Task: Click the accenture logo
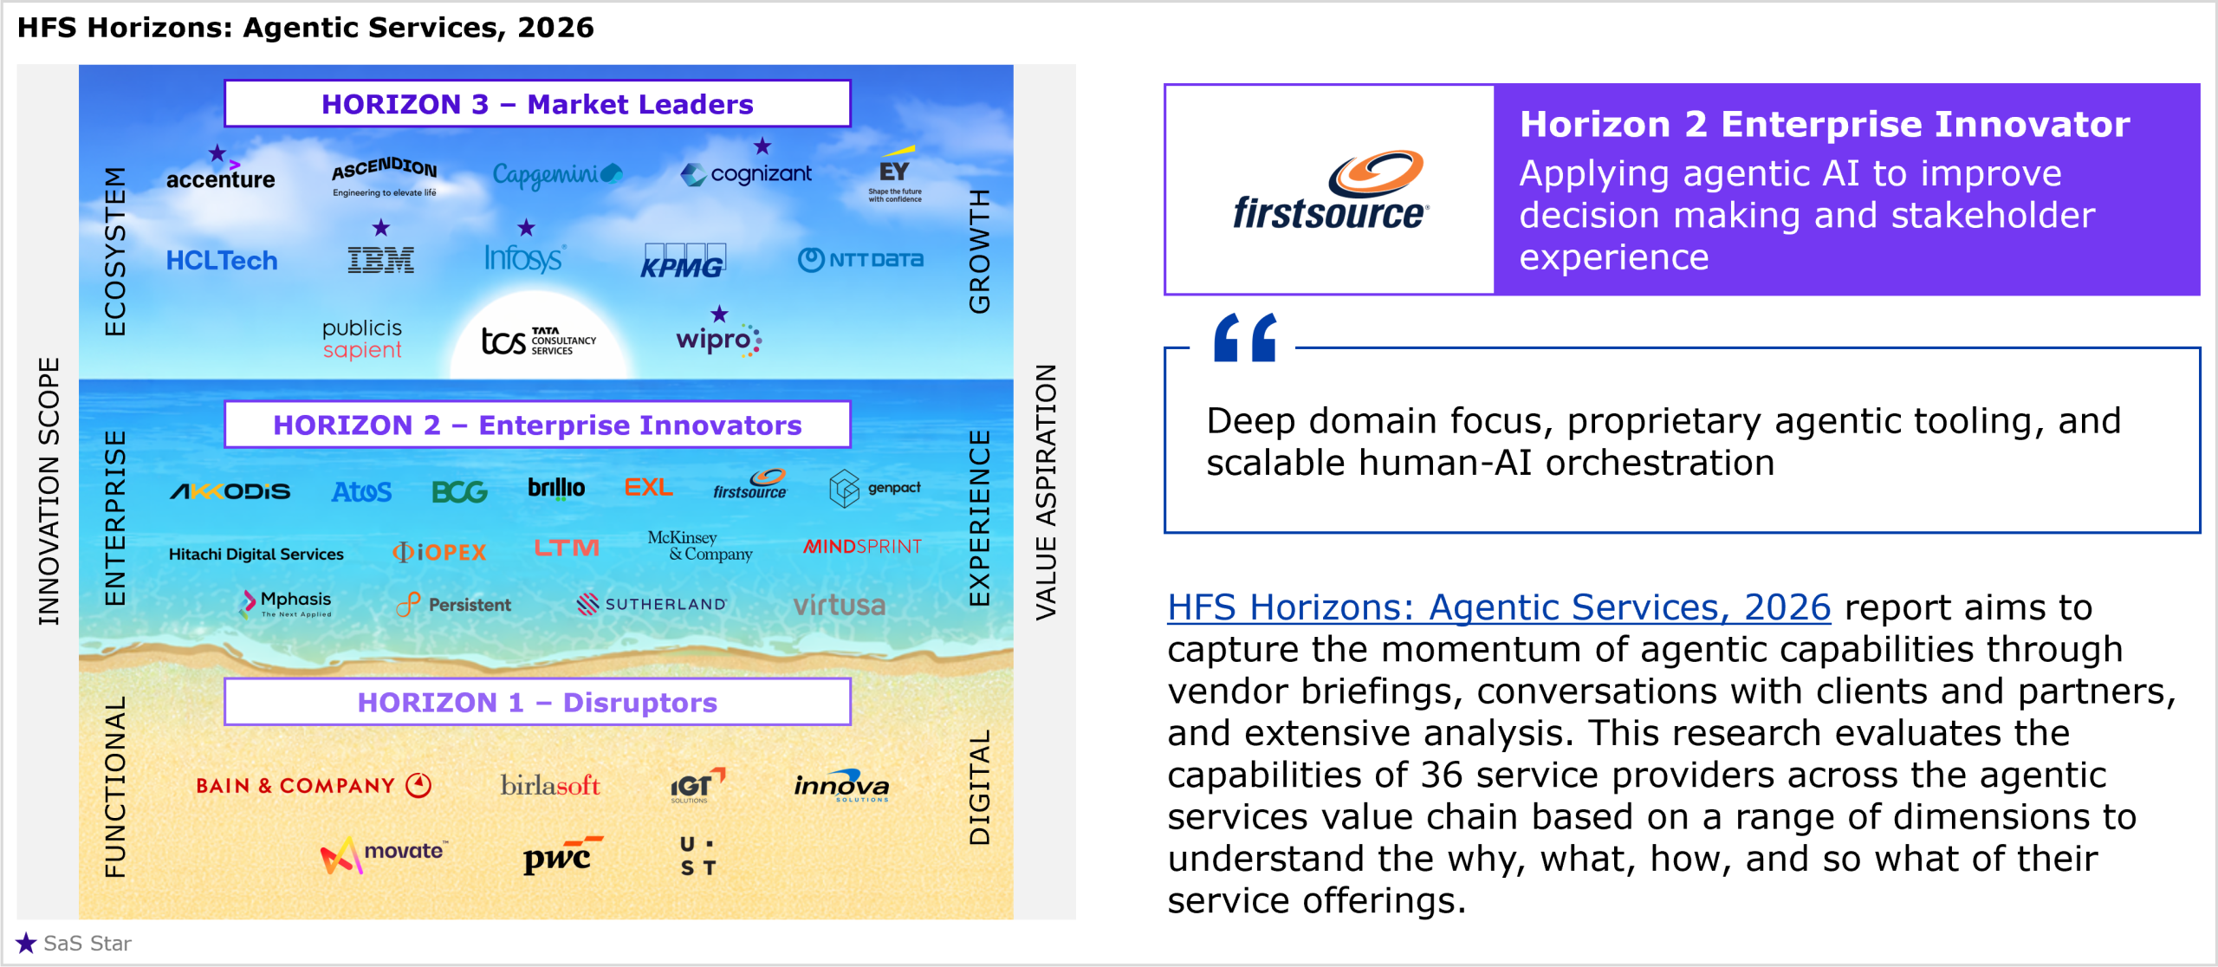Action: coord(220,176)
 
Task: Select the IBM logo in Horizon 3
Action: coord(380,260)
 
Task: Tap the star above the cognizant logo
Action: coord(762,146)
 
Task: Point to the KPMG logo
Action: coord(683,261)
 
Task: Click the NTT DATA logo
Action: coord(860,259)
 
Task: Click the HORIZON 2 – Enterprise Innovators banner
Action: coord(537,425)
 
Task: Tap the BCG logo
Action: coord(459,492)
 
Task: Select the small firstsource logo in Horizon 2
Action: coord(750,484)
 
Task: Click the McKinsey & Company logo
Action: coord(700,546)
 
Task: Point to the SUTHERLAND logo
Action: coord(652,604)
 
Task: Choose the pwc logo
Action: coord(562,855)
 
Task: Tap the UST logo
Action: coord(697,856)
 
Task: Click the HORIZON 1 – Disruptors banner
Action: coord(537,702)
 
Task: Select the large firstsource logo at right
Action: coord(1331,191)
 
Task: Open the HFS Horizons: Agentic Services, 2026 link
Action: coord(1499,607)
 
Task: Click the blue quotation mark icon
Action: coord(1245,337)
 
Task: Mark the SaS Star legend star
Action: coord(26,943)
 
